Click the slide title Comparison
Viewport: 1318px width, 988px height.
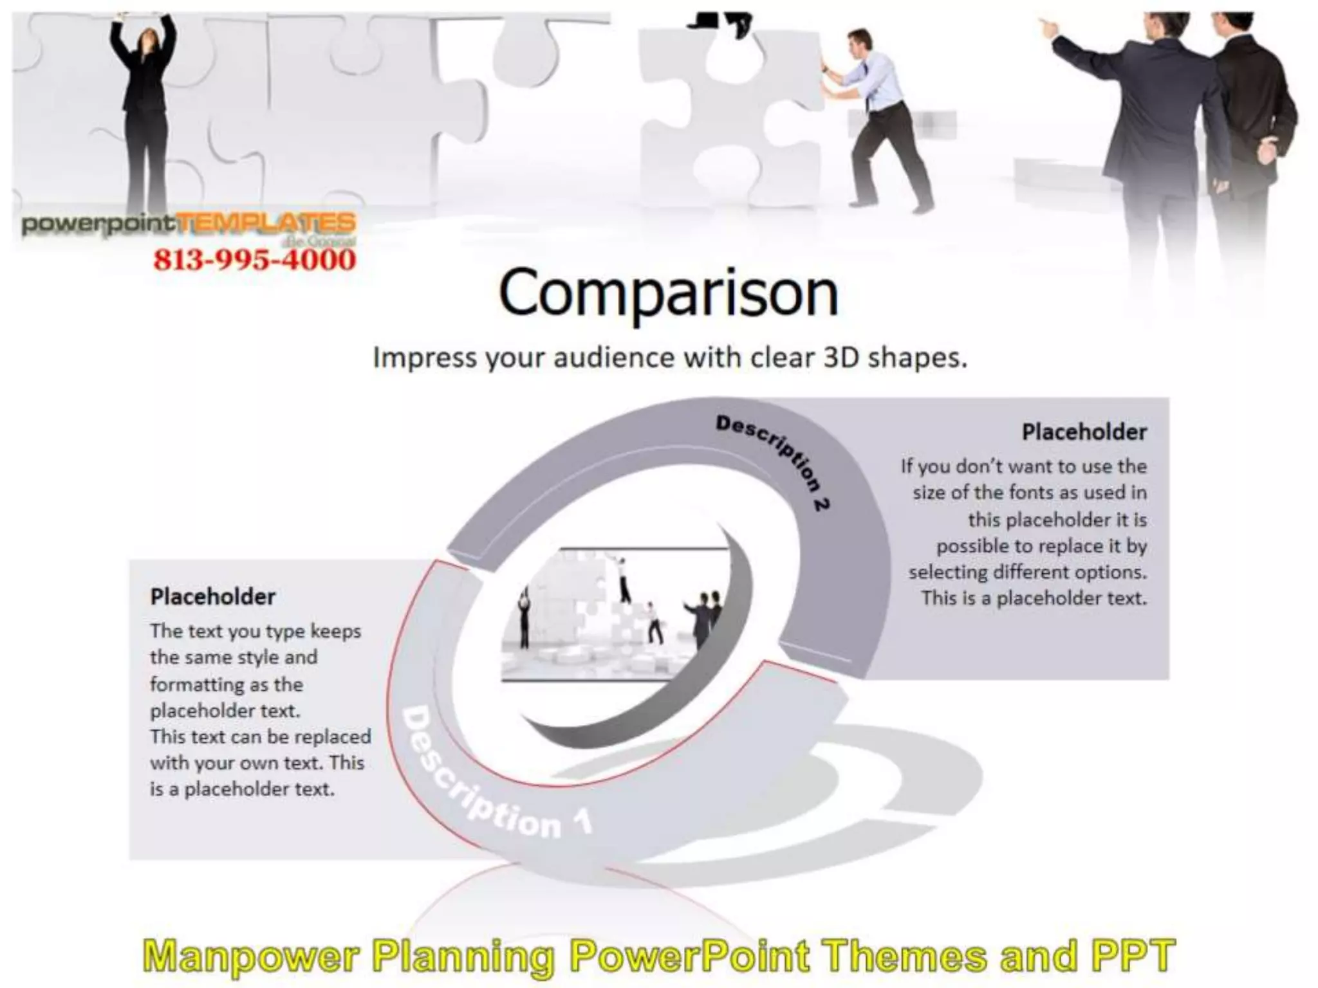[x=668, y=293]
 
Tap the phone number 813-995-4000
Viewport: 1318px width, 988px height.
[x=254, y=260]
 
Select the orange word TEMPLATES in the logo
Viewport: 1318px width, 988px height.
[x=265, y=223]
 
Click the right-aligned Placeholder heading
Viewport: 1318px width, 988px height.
[x=1084, y=432]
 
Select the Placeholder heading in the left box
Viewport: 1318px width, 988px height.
[x=212, y=596]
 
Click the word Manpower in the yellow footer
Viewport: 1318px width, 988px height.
[x=251, y=956]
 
